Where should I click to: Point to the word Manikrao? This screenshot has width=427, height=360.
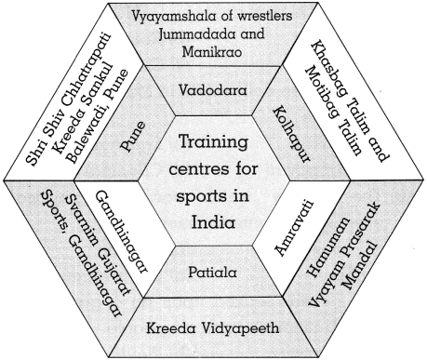click(213, 54)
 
